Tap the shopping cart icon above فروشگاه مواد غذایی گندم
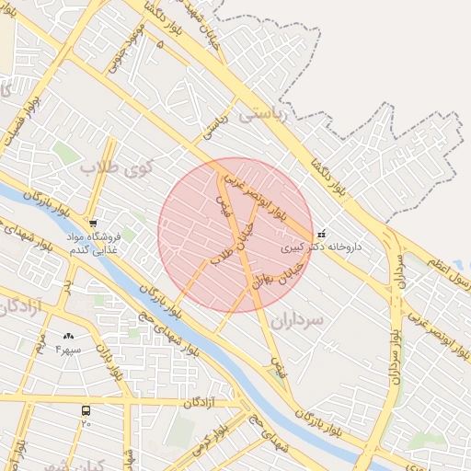tap(93, 223)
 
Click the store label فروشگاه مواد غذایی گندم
tap(93, 242)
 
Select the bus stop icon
tap(86, 410)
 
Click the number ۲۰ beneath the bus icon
tap(86, 424)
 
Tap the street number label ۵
tap(162, 43)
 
